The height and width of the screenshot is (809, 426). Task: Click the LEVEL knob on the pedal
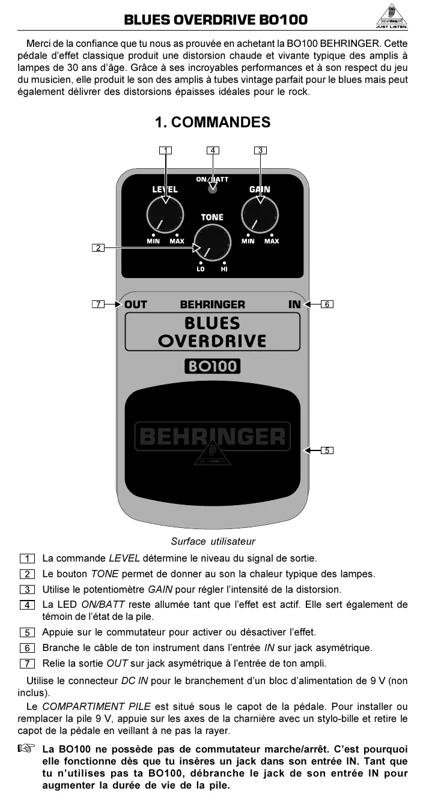(x=165, y=215)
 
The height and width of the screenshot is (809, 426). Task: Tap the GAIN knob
(x=260, y=215)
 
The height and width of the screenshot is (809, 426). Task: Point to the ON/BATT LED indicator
(x=212, y=190)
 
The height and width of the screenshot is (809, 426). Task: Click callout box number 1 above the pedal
(x=165, y=150)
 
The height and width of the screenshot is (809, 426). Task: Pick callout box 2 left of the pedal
(x=98, y=247)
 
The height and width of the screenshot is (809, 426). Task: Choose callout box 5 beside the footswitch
(x=326, y=450)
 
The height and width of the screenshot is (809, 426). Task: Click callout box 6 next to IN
(x=327, y=305)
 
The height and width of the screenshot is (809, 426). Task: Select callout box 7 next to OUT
(x=98, y=305)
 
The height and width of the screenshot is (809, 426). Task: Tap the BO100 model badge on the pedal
(x=212, y=366)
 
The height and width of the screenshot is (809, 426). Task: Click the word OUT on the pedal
(x=136, y=305)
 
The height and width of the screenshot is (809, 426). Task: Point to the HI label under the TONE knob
(x=224, y=269)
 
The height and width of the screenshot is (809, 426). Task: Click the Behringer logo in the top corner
(x=391, y=17)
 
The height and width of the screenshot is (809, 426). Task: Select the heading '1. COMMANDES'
(x=213, y=123)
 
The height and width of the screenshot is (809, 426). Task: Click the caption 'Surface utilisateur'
(x=213, y=541)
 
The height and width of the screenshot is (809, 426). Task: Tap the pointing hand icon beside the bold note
(x=26, y=749)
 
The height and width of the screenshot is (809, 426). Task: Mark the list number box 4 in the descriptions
(x=26, y=605)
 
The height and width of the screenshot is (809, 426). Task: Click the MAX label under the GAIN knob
(x=272, y=241)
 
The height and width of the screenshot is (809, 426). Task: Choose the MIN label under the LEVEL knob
(x=153, y=241)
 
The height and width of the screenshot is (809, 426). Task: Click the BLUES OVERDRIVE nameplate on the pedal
(x=212, y=332)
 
